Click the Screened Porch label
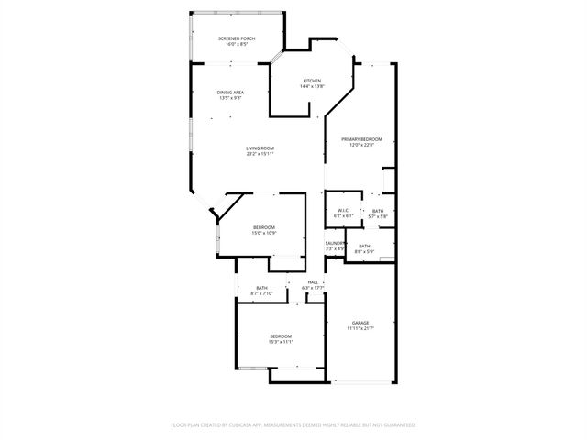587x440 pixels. tap(237, 38)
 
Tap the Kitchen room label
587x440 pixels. tap(312, 82)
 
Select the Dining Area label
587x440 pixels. tap(230, 93)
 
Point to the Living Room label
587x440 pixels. tap(260, 148)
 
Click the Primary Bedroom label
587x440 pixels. tap(361, 139)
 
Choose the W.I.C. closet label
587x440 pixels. tap(344, 210)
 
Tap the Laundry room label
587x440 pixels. tap(335, 243)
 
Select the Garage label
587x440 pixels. tap(360, 322)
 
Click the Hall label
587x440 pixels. tap(313, 281)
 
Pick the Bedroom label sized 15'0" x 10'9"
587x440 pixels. tap(264, 227)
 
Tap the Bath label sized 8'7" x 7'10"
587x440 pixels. tap(262, 288)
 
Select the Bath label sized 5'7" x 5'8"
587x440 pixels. tap(378, 211)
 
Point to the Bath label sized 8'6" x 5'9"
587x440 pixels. tap(364, 246)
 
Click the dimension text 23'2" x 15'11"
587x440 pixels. tap(260, 154)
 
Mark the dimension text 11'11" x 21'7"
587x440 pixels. tap(360, 327)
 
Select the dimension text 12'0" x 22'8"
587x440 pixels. tap(361, 145)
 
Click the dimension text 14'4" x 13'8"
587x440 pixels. tap(312, 87)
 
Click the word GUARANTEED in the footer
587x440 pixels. tap(394, 425)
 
